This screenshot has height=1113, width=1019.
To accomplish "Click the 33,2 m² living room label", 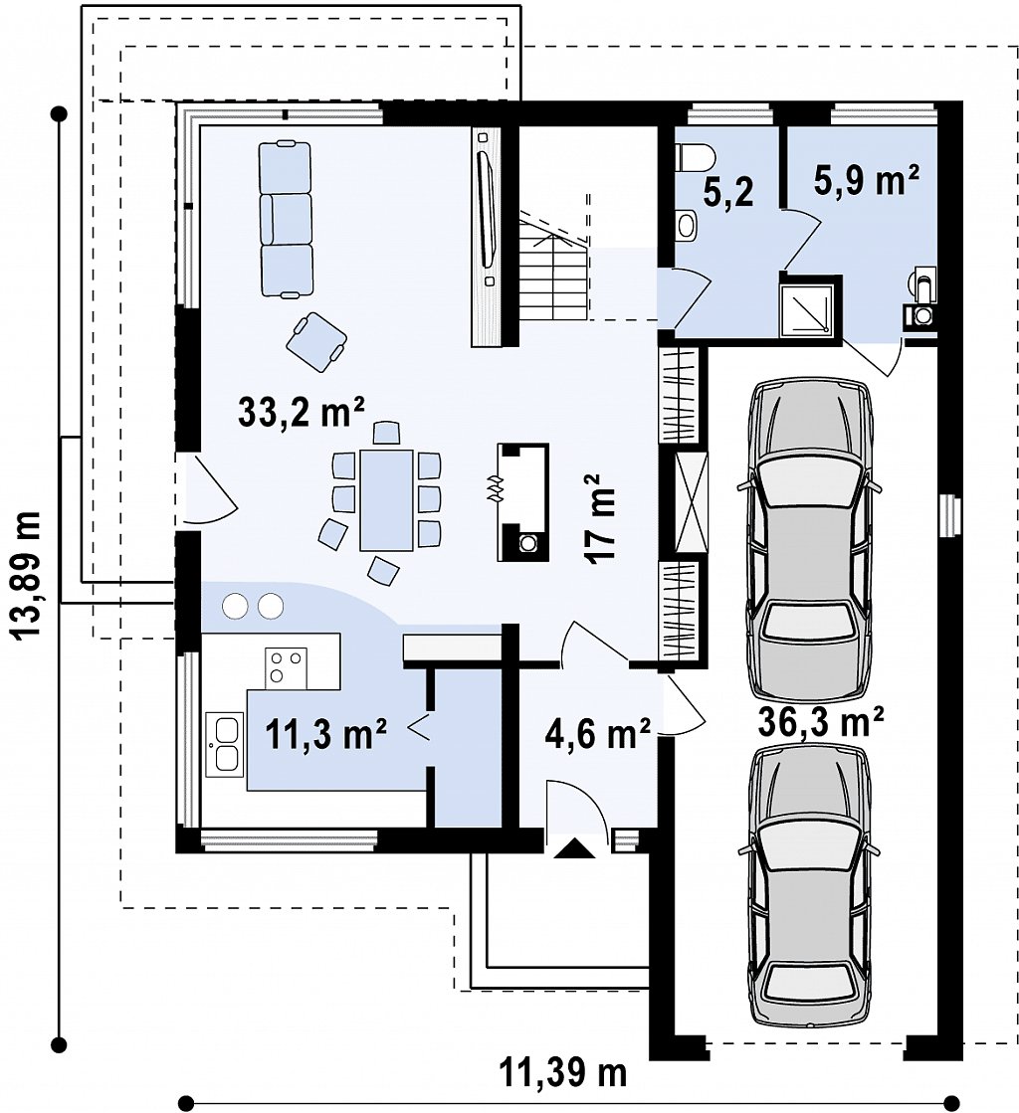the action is (301, 413).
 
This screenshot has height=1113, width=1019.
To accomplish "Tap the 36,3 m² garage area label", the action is (821, 722).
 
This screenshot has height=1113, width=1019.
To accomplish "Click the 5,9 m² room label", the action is (867, 179).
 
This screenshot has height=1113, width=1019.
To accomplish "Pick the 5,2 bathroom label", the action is (728, 192).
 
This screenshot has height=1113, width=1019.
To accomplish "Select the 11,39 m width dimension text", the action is (564, 1072).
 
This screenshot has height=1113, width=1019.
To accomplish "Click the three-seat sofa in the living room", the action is (287, 218).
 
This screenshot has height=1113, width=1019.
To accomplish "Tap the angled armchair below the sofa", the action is (316, 342).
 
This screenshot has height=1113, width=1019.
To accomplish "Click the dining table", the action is (386, 499).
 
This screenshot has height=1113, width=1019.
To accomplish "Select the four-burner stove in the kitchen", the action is (287, 668).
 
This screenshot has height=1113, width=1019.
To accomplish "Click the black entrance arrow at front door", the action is (574, 849).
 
